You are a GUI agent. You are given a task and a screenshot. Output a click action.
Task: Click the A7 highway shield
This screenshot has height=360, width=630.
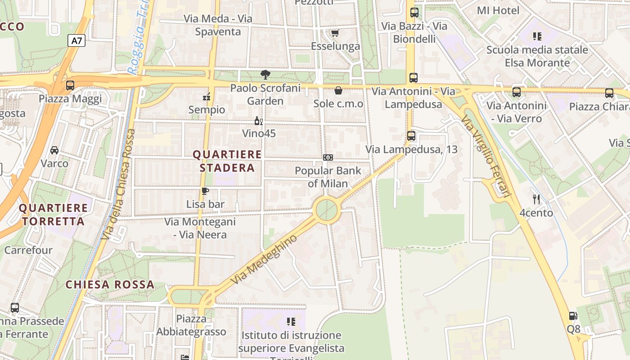point(77,40)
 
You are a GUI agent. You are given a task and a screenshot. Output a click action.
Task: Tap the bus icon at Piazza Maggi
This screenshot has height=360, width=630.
point(70,85)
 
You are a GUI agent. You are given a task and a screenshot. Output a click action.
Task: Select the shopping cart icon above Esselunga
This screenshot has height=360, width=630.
point(335,33)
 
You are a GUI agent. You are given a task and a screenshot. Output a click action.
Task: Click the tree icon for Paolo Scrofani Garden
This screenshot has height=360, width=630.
point(265,75)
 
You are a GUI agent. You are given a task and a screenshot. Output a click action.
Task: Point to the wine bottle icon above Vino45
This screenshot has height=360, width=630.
point(258,121)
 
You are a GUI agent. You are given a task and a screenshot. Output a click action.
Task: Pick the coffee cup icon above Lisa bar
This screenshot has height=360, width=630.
point(205,191)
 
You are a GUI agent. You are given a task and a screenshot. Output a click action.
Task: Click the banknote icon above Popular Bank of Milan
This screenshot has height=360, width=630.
point(328,157)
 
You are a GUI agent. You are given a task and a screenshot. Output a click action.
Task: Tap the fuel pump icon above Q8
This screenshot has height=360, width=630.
point(573,316)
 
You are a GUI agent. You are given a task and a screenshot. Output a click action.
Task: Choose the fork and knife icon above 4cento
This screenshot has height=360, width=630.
point(536,199)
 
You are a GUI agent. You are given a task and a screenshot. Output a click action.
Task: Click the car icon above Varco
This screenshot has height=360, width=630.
point(54,150)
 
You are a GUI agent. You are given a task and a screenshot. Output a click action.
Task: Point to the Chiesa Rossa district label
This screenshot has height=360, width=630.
point(110,284)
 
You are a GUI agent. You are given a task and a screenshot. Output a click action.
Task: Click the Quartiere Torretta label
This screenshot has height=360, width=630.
point(54,214)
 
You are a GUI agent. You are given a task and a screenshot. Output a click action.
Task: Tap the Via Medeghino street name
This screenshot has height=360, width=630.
point(264,259)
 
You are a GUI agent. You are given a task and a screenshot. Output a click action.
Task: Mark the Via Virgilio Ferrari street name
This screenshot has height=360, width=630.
point(486,156)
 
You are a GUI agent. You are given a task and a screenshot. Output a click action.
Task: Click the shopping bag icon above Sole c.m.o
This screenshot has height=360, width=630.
point(338,91)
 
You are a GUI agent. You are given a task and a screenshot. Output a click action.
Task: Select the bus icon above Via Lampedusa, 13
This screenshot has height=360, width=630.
point(411,135)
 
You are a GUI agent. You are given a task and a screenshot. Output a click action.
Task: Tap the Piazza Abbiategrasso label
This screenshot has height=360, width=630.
point(191,325)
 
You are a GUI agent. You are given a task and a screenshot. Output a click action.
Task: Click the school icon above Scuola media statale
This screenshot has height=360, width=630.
point(537,36)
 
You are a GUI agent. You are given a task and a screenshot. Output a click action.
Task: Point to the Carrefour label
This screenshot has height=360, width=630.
point(28,250)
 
